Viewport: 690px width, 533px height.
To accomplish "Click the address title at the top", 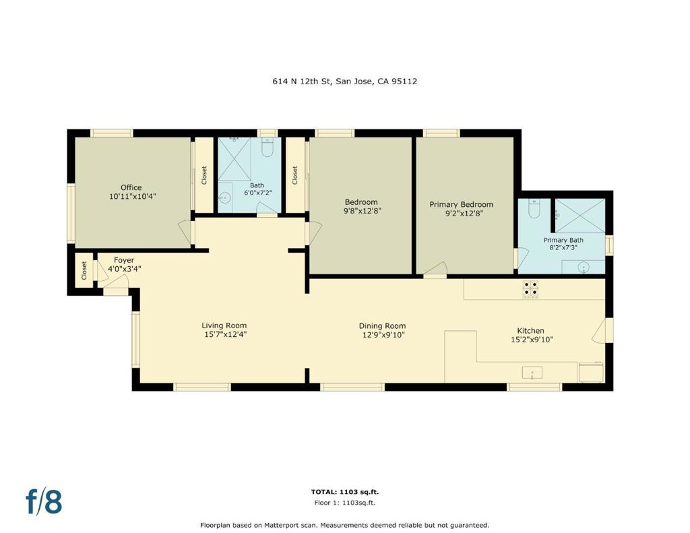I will point(344,82).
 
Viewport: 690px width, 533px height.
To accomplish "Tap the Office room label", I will point(131,187).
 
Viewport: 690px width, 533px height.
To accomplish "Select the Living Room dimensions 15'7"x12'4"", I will point(224,334).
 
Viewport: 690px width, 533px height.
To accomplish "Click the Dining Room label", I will point(381,326).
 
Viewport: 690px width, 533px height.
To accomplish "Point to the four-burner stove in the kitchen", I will point(530,288).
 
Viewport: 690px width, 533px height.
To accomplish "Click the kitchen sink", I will point(532,373).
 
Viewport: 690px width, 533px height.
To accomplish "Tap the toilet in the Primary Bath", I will point(534,210).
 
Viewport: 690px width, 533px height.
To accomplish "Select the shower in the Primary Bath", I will point(579,216).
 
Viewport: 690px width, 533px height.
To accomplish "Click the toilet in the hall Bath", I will point(268,148).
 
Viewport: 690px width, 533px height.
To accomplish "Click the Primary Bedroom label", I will point(462,204).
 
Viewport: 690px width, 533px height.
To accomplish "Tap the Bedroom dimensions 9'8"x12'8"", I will point(361,210).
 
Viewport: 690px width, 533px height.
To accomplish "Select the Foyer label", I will point(124,260).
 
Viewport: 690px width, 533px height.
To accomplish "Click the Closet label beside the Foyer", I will point(84,271).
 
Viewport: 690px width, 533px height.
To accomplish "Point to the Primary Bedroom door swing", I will point(435,269).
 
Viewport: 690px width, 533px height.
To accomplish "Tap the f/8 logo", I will point(44,502).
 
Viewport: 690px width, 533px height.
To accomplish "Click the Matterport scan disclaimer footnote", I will point(344,525).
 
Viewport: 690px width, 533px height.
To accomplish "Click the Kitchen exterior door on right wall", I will point(601,330).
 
